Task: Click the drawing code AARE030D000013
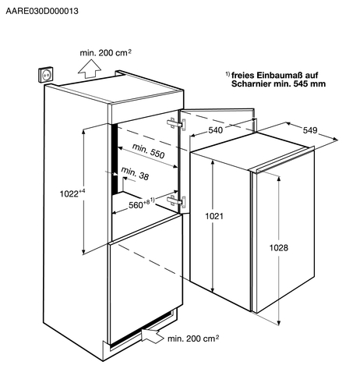[42, 11]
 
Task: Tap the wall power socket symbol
[47, 75]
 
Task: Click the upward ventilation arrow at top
[90, 69]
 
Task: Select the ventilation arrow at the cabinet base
[153, 335]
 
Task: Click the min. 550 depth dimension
[148, 151]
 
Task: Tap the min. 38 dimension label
[135, 173]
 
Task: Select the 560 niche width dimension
[141, 204]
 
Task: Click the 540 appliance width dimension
[216, 130]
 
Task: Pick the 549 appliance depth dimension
[310, 130]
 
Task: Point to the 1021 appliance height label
[214, 216]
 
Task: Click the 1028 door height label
[279, 248]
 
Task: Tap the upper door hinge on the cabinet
[177, 124]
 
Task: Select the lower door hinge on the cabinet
[177, 201]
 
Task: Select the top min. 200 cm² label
[105, 52]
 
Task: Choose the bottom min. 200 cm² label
[193, 339]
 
